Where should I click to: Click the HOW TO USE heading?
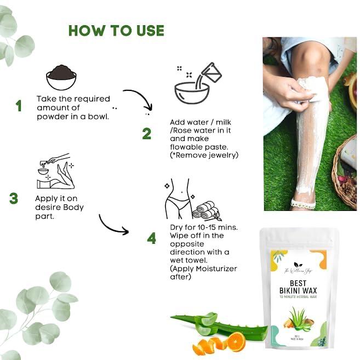tap(116, 30)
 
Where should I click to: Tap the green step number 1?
tap(19, 106)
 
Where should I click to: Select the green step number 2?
tap(146, 134)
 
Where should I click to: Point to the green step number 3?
tap(14, 198)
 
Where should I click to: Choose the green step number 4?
tap(151, 238)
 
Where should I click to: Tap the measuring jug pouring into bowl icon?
tap(197, 85)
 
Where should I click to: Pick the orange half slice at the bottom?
tap(236, 342)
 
